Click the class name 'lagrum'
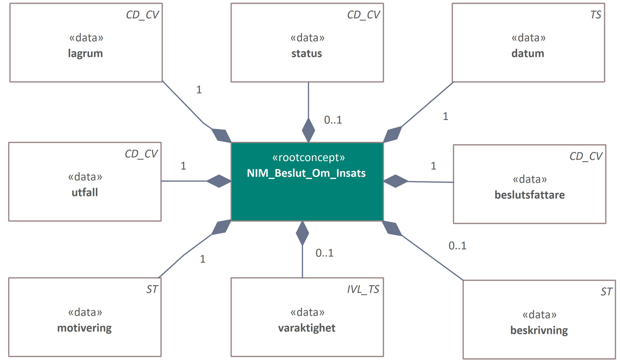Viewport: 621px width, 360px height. pyautogui.click(x=85, y=54)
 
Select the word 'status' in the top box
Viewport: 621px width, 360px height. pyautogui.click(x=307, y=54)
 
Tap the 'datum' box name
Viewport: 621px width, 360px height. pyautogui.click(x=528, y=54)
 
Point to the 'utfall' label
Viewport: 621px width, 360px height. pyautogui.click(x=85, y=192)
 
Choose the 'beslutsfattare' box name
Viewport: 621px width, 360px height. pyautogui.click(x=529, y=195)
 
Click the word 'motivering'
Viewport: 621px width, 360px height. pyautogui.click(x=84, y=328)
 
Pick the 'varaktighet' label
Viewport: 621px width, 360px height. pyautogui.click(x=307, y=328)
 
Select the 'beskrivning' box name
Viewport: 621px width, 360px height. pyautogui.click(x=539, y=330)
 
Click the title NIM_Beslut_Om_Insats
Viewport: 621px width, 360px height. pyautogui.click(x=306, y=173)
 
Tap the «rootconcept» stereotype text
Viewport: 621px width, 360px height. pyautogui.click(x=308, y=157)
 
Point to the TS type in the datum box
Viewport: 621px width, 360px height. pyautogui.click(x=596, y=15)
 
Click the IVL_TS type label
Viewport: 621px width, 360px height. pyautogui.click(x=363, y=289)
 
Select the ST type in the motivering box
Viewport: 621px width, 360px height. pyautogui.click(x=152, y=289)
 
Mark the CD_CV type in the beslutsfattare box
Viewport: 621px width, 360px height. pyautogui.click(x=586, y=156)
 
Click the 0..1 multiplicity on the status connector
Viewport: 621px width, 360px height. pyautogui.click(x=333, y=120)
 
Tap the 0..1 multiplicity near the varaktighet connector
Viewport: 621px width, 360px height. pyautogui.click(x=324, y=253)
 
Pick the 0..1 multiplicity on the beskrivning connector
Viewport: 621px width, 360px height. pyautogui.click(x=457, y=246)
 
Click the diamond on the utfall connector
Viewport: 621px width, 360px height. pyautogui.click(x=219, y=181)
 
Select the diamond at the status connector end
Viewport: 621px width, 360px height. pyautogui.click(x=308, y=130)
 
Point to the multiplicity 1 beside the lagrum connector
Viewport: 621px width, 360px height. pyautogui.click(x=199, y=90)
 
